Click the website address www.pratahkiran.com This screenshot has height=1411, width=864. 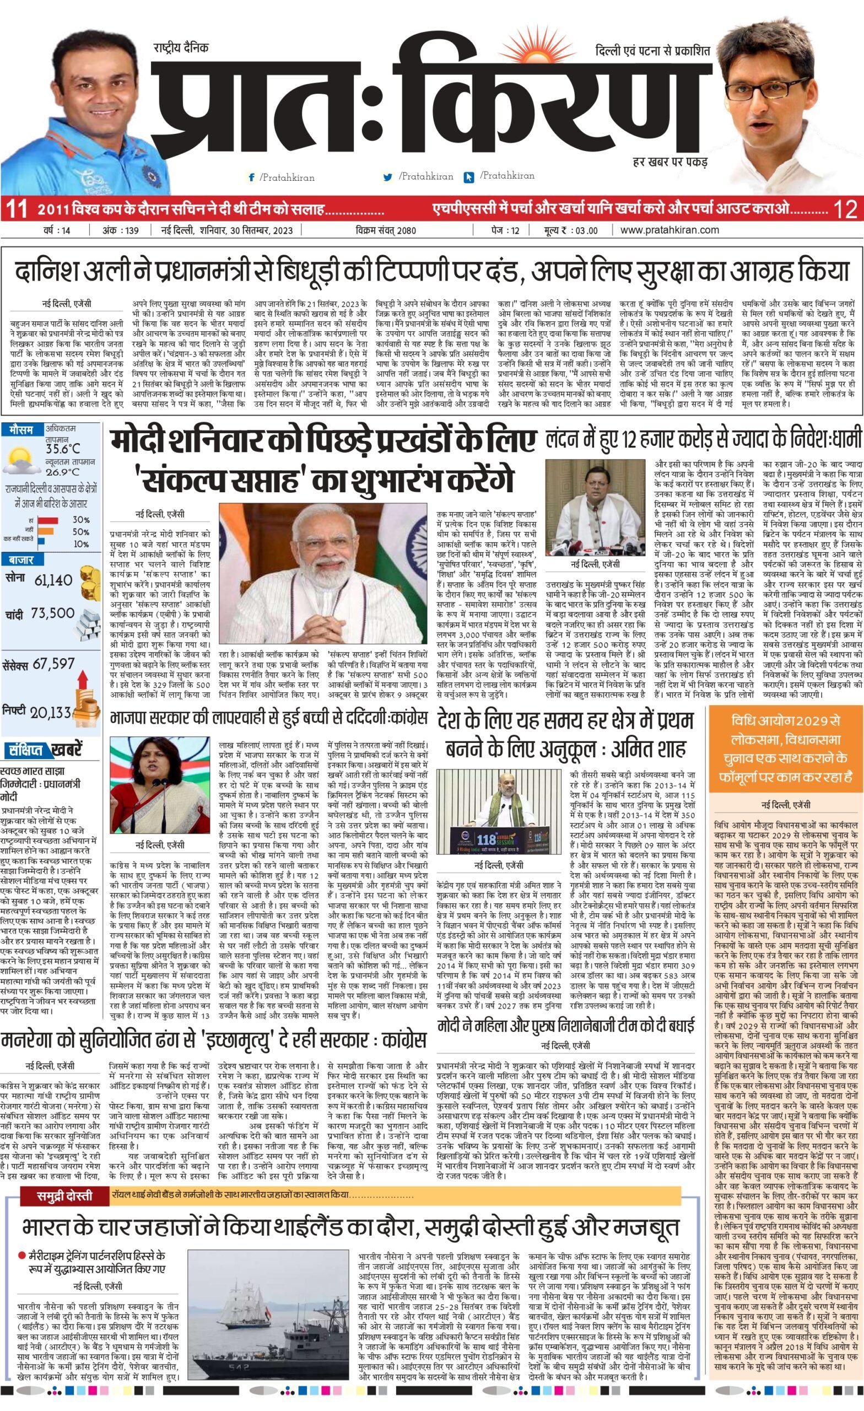click(669, 230)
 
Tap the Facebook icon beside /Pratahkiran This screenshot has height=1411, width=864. click(251, 178)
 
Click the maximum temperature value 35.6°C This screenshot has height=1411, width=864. click(63, 449)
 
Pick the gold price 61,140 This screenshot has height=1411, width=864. click(53, 580)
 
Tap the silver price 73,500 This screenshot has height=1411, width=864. click(53, 613)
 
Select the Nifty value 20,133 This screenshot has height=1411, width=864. click(50, 713)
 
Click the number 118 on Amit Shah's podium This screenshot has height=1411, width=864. click(484, 840)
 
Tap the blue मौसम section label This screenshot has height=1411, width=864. click(21, 429)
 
